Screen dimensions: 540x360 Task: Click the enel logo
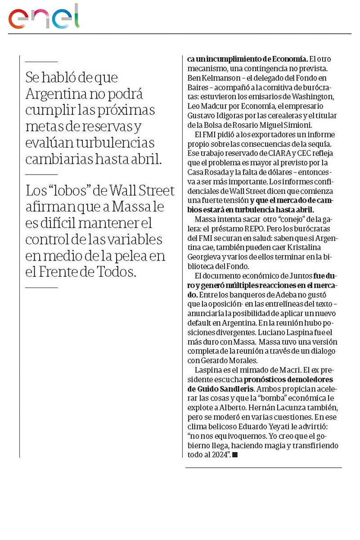tap(44, 17)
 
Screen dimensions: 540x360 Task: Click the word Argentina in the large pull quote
tap(56, 94)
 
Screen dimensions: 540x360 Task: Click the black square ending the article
tap(234, 455)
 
